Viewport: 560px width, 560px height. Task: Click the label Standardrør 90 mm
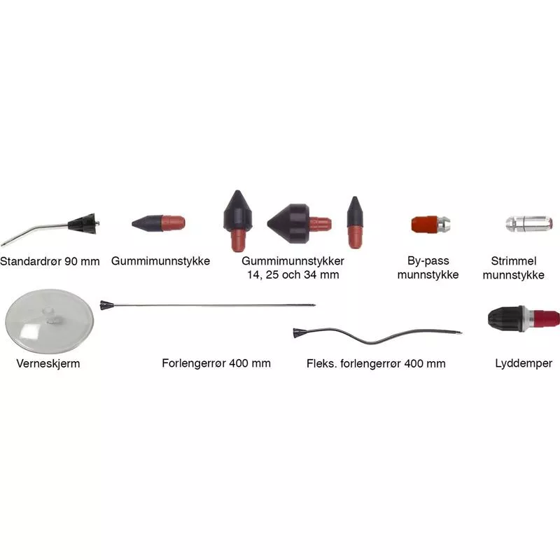50,261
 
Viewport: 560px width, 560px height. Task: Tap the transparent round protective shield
49,321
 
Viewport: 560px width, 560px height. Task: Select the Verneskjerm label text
48,363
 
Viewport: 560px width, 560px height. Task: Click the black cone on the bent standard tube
82,224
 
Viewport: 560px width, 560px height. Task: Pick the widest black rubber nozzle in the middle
288,223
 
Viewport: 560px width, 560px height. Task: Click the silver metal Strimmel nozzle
529,223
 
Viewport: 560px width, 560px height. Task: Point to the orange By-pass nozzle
424,224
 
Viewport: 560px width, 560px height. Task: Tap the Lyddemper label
524,363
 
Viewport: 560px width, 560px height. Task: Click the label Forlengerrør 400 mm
216,363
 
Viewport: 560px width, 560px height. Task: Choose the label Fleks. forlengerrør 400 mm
376,363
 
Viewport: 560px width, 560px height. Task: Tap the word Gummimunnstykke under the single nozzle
160,261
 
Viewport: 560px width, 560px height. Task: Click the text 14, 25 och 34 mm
293,275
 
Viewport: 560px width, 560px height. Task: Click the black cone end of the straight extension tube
106,305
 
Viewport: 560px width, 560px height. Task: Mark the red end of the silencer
547,318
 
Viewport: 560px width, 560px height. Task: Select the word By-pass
428,261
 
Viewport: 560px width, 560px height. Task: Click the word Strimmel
514,261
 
